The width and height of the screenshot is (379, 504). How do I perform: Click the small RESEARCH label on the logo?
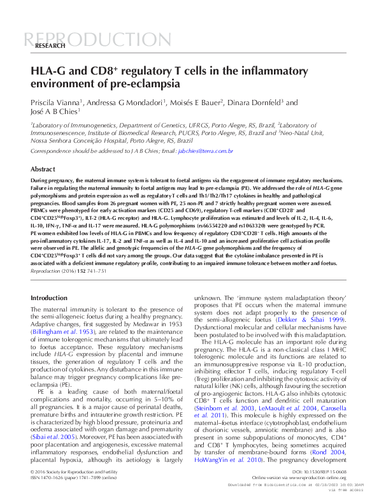pyautogui.click(x=50, y=47)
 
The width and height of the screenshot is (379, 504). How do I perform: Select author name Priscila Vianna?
pyautogui.click(x=55, y=102)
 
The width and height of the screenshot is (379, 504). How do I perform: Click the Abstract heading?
pyautogui.click(x=43, y=170)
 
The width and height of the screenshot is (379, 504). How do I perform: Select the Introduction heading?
pyautogui.click(x=49, y=298)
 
